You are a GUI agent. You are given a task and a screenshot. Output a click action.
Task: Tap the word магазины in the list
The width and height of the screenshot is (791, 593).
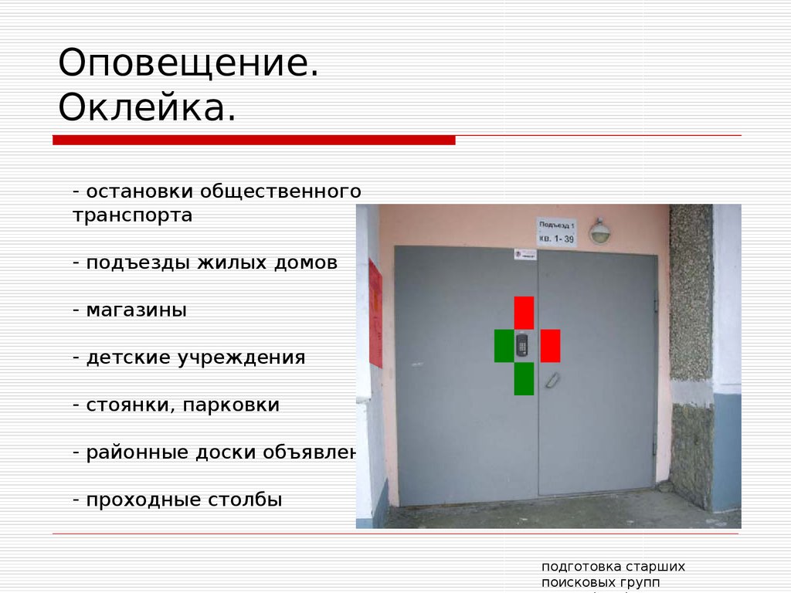[x=137, y=310]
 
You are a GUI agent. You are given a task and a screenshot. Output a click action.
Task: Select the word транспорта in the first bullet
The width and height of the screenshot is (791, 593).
[x=133, y=215]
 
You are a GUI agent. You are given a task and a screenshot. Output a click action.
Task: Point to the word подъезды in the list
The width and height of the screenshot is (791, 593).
[x=136, y=263]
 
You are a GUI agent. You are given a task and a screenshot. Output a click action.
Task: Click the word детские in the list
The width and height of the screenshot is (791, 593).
[x=128, y=358]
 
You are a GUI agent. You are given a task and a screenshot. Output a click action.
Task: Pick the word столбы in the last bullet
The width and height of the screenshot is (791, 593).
[x=246, y=500]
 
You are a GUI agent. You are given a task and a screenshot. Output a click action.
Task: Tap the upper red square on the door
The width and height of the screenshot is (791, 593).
[x=524, y=313]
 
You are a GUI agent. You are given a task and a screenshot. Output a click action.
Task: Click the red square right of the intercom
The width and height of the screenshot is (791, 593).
[x=550, y=345]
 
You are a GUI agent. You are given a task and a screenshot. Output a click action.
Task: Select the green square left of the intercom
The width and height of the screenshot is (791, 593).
[x=504, y=345]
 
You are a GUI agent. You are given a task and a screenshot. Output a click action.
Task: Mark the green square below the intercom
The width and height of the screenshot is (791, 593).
[x=524, y=378]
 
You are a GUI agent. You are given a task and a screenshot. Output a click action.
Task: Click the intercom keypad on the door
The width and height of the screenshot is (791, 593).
[x=522, y=344]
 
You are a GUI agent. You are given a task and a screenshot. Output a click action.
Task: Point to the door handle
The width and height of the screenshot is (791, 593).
[x=552, y=379]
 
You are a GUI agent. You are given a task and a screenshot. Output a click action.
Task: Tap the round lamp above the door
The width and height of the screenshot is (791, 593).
[x=599, y=231]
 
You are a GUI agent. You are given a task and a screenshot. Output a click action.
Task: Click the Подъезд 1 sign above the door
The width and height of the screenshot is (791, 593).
[x=557, y=231]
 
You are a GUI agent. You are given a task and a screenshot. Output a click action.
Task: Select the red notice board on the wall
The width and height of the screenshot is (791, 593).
[x=375, y=313]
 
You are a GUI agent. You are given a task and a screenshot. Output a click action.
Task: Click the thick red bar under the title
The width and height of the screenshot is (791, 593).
[x=254, y=140]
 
